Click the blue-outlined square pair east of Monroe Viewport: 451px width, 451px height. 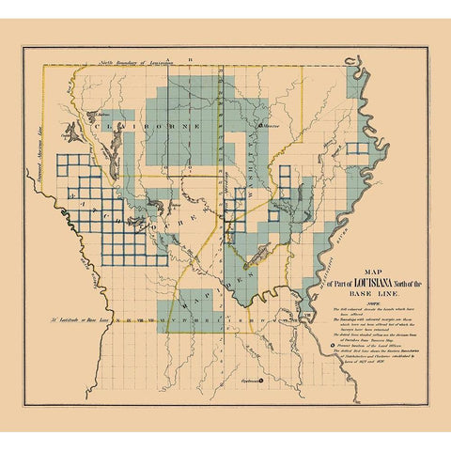[357, 148]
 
